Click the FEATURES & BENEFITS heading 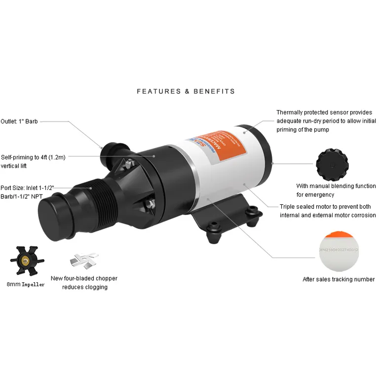186,91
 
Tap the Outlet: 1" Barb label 19,121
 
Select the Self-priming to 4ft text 33,161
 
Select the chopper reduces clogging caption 84,283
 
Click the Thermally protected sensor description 326,121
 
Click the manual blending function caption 336,190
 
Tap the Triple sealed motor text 328,211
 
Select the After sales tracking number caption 338,279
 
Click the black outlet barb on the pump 112,148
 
